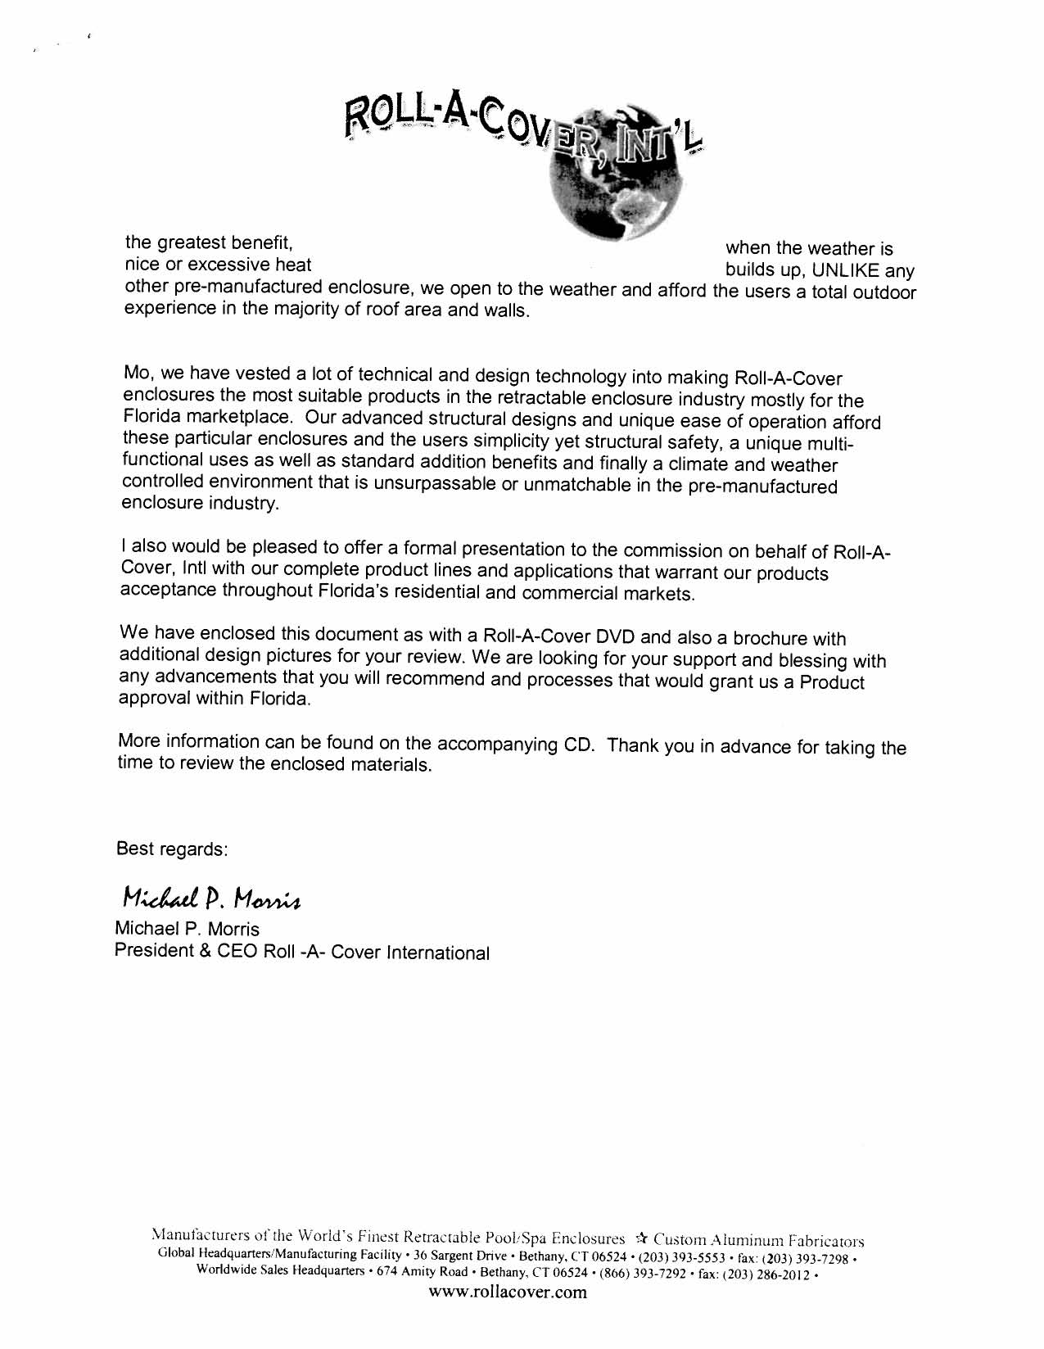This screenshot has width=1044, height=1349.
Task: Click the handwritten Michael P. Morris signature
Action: pos(212,899)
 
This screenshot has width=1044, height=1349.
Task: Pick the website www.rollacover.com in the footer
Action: pos(507,1293)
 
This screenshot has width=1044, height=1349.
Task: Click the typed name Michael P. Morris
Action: pos(188,929)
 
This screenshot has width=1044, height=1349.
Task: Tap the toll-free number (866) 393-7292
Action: pos(635,1274)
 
